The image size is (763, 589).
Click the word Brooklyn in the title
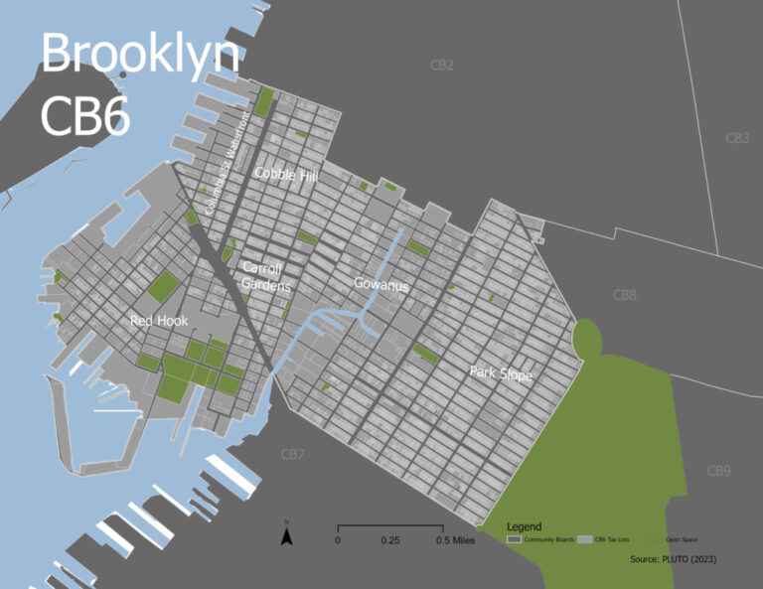[x=139, y=55]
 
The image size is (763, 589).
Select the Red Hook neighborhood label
[x=158, y=321]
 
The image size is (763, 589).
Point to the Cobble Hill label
[x=287, y=173]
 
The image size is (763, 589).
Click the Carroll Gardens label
[x=266, y=277]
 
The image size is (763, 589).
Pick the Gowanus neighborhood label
[x=381, y=285]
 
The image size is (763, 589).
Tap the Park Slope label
[x=502, y=374]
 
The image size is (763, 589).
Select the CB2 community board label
[x=442, y=66]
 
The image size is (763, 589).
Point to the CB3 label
[x=736, y=138]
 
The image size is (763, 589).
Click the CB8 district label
[x=624, y=295]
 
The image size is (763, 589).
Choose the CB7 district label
[x=291, y=455]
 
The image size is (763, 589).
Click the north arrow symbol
[x=286, y=536]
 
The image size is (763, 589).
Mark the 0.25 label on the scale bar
[x=389, y=541]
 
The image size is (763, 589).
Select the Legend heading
[x=524, y=525]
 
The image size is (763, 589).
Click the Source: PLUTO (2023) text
[x=673, y=559]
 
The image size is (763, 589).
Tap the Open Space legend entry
[x=682, y=539]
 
